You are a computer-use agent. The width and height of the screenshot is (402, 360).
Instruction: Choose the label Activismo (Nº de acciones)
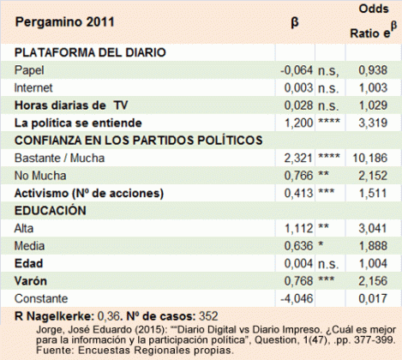point(82,194)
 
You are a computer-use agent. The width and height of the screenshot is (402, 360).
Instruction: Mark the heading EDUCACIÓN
point(48,212)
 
